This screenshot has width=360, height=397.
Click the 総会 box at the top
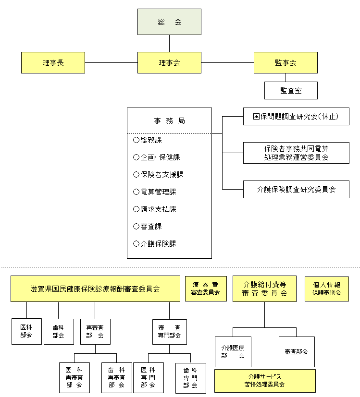point(169,22)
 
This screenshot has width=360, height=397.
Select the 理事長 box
point(53,63)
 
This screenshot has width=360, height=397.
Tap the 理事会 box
point(169,63)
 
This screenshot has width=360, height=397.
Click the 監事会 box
point(286,63)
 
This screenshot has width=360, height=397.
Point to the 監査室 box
point(291,90)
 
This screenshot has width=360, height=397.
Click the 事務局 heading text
point(169,121)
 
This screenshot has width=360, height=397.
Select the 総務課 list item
point(151,140)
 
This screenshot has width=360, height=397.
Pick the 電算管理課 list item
point(158,192)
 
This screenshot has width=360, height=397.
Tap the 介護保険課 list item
point(158,244)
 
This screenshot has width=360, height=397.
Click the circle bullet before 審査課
point(136,227)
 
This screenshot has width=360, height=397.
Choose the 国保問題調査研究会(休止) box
point(296,117)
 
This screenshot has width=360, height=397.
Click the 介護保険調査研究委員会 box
point(296,190)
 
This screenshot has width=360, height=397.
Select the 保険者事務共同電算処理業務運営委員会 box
point(296,153)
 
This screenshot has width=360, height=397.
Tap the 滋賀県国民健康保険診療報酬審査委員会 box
point(95,289)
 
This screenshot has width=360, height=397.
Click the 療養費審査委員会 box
point(206,289)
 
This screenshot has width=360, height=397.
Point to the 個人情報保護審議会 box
point(327,289)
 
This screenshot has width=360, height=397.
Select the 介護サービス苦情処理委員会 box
point(265,381)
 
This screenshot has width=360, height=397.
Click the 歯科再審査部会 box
point(117,378)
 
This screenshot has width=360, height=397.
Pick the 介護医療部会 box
point(233,352)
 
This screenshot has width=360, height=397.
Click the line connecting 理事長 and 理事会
point(111,63)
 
